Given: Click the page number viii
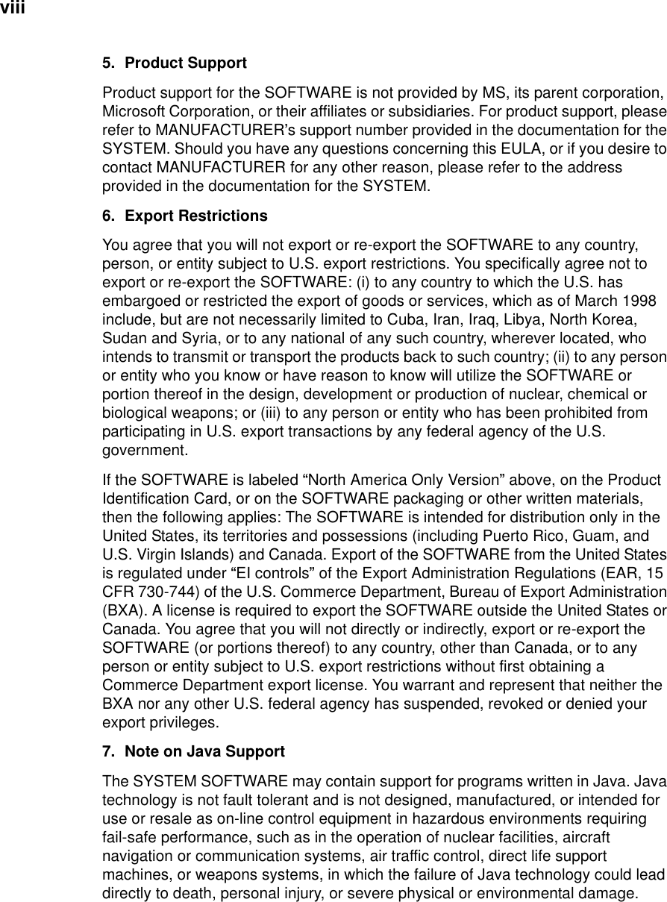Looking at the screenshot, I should tap(13, 8).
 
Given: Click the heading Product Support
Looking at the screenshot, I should tap(186, 63).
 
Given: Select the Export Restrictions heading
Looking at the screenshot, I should tap(196, 216).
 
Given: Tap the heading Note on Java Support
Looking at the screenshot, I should tap(204, 751).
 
